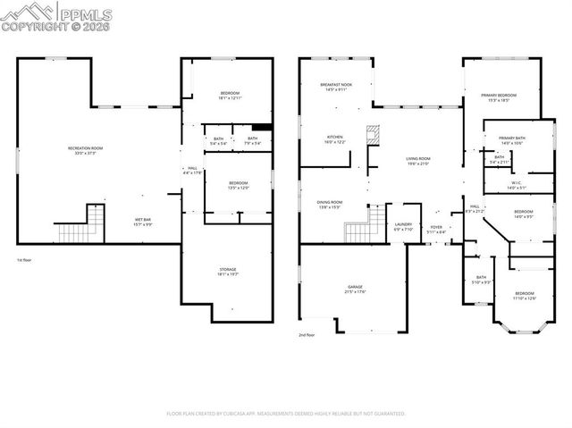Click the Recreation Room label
tap(86, 151)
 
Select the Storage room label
tap(228, 272)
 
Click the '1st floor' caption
tap(25, 260)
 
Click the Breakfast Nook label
tap(336, 87)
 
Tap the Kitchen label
tap(334, 139)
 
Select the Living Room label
tap(418, 161)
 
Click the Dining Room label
tap(330, 205)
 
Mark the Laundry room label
tap(403, 227)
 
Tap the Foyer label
tap(436, 230)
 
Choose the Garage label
tap(356, 290)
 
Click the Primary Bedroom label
tap(499, 97)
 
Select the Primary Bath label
tap(511, 140)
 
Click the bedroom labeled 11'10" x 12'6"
tap(524, 296)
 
